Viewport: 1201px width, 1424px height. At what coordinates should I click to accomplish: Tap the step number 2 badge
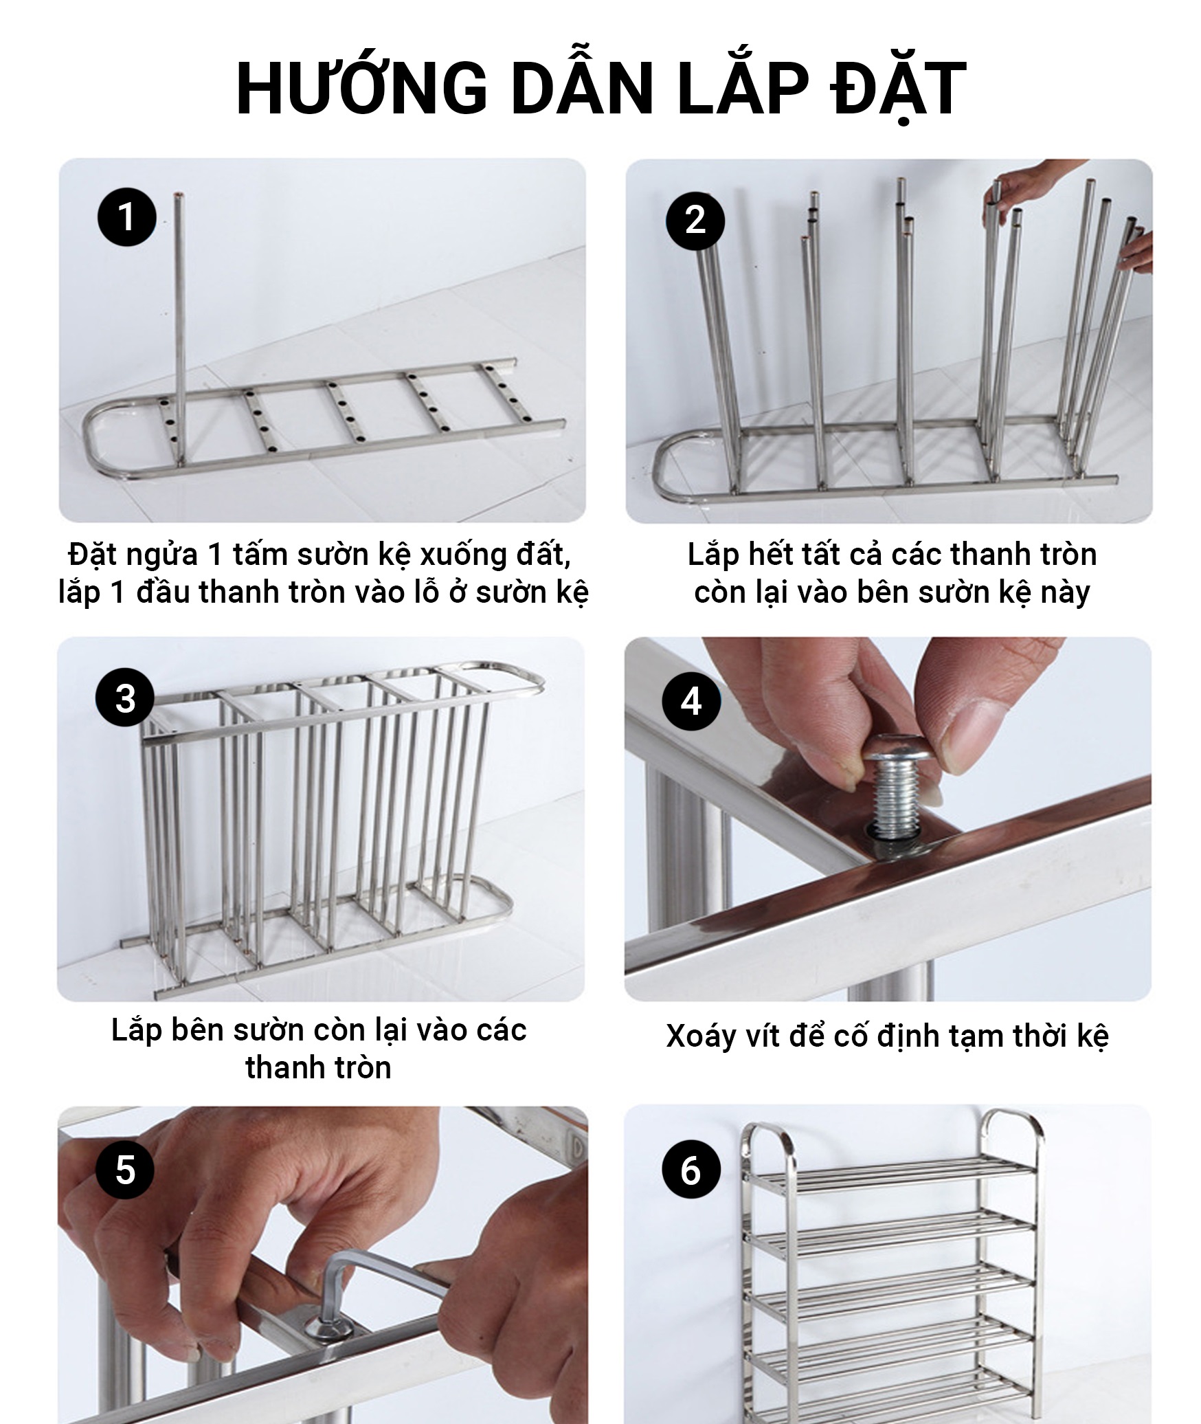(695, 219)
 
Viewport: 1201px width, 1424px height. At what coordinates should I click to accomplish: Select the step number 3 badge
(125, 699)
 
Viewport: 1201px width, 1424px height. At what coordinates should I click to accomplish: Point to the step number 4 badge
(691, 702)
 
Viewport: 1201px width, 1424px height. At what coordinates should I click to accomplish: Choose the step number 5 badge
(124, 1170)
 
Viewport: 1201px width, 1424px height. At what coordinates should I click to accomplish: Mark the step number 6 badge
(691, 1170)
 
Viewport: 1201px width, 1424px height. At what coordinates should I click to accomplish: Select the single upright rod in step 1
(180, 330)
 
